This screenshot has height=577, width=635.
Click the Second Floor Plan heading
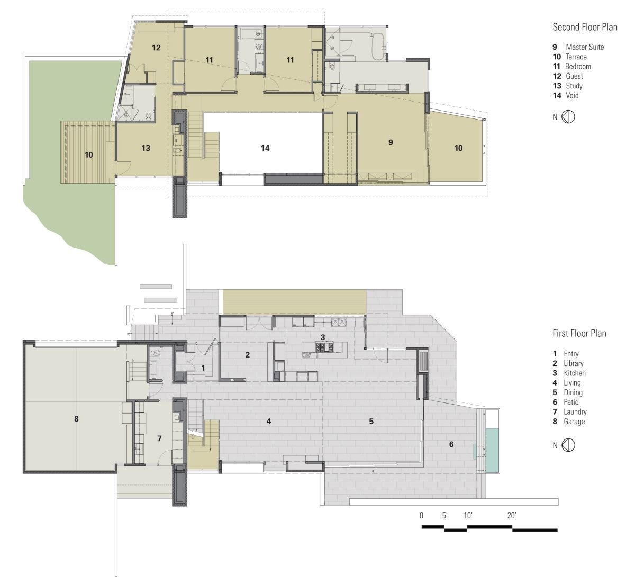[x=585, y=27]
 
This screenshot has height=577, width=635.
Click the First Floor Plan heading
[x=579, y=333]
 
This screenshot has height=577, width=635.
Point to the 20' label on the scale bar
[x=512, y=515]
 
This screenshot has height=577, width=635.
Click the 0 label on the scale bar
[x=421, y=515]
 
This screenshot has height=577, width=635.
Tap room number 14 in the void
[x=265, y=148]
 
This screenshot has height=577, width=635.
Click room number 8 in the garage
[x=76, y=419]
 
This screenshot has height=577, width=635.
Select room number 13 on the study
[x=146, y=148]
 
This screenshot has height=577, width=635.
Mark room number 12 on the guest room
[x=156, y=48]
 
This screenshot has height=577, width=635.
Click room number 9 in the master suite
[x=391, y=142]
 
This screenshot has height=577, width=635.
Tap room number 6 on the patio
[x=451, y=444]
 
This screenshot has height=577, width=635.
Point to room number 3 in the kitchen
[x=322, y=337]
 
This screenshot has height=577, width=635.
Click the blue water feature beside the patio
[x=492, y=450]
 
